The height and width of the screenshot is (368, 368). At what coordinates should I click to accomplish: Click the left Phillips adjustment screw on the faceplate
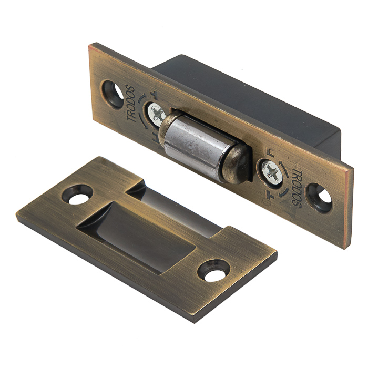click(157, 114)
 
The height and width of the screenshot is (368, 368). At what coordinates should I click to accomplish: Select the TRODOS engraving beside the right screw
click(297, 188)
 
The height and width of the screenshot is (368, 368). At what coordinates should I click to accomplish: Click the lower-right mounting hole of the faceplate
click(320, 197)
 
